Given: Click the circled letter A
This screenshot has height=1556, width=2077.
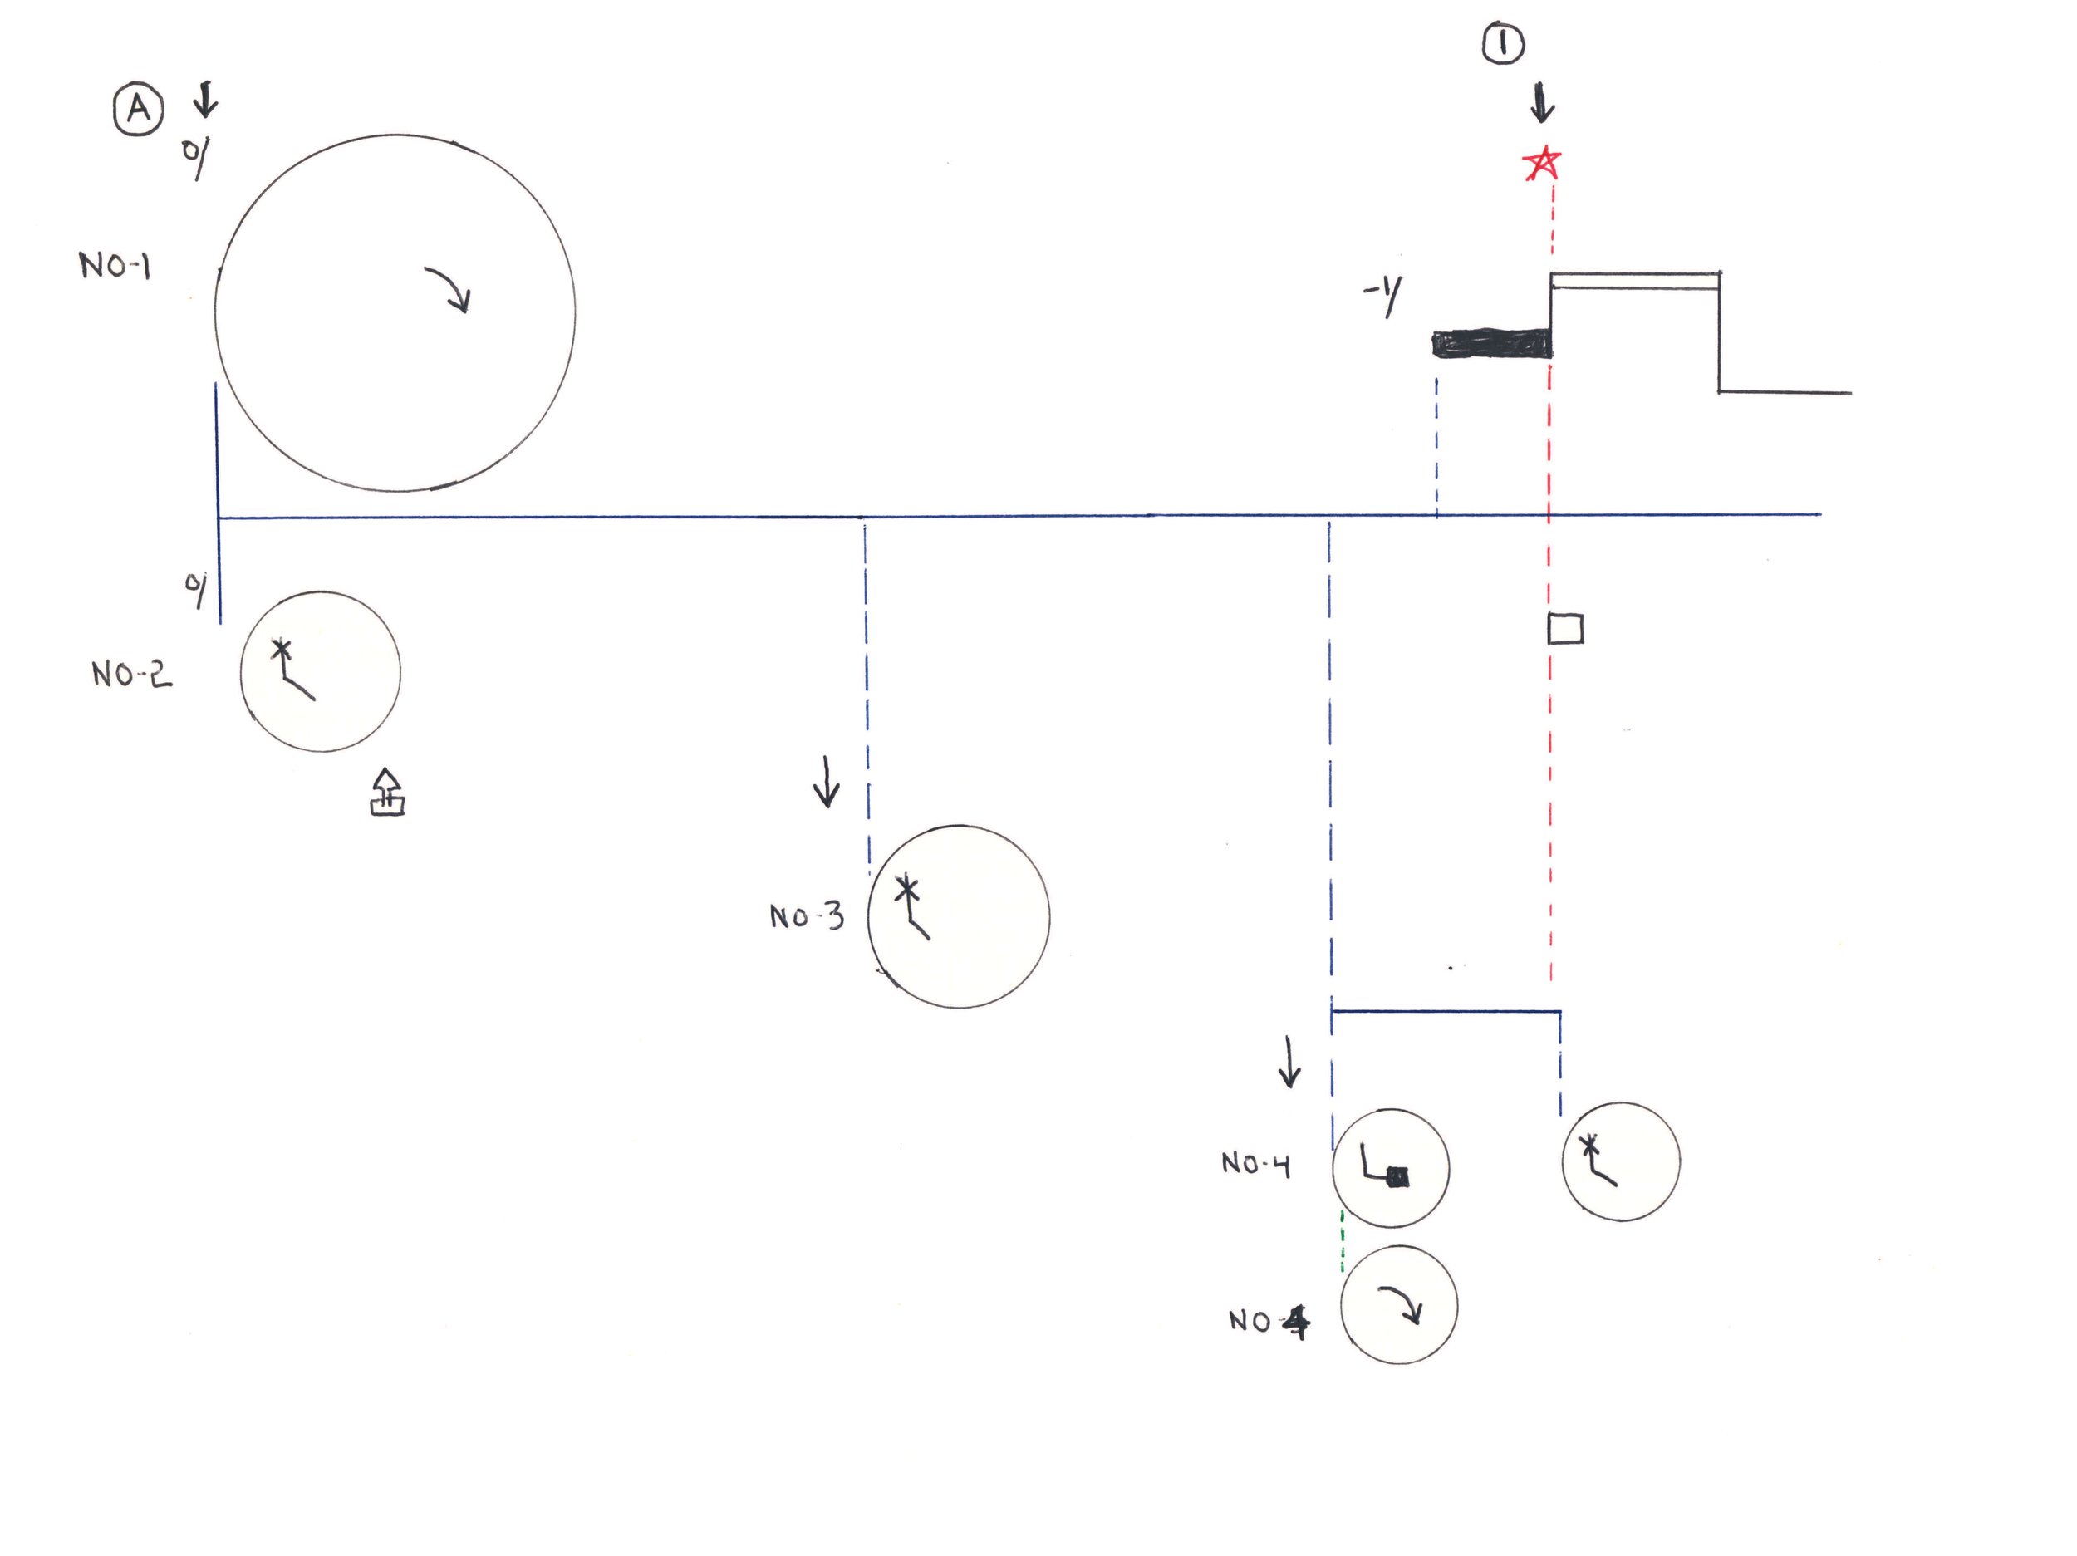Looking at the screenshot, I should (x=138, y=110).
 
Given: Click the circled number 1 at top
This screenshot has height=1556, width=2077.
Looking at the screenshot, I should (x=1502, y=43).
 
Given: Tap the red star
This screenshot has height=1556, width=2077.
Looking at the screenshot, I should (x=1542, y=164).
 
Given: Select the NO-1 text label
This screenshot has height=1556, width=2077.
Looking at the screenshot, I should (x=115, y=266).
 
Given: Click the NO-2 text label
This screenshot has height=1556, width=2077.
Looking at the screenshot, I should (x=131, y=675).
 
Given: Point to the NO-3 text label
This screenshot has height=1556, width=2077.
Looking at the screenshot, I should (x=807, y=916).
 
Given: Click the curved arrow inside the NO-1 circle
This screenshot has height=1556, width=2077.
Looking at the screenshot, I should (x=449, y=289).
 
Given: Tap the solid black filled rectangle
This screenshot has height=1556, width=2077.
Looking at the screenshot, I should (x=1491, y=344).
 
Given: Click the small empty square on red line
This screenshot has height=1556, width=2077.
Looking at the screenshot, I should (x=1565, y=628).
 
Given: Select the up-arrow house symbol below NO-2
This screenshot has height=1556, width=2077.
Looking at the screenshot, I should (x=387, y=793).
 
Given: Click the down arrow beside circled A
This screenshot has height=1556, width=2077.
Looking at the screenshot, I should (x=206, y=98).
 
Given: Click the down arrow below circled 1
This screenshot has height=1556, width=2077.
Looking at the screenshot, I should (x=1541, y=103).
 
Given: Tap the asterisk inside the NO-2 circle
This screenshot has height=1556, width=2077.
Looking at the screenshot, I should (x=281, y=649).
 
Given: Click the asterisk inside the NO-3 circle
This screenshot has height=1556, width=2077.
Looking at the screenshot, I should (x=906, y=886).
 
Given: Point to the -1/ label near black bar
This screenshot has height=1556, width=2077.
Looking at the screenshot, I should (x=1383, y=297).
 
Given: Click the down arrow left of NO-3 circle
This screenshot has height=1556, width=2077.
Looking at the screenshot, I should (x=827, y=783).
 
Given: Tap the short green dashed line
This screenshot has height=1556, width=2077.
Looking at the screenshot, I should (x=1342, y=1241).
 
